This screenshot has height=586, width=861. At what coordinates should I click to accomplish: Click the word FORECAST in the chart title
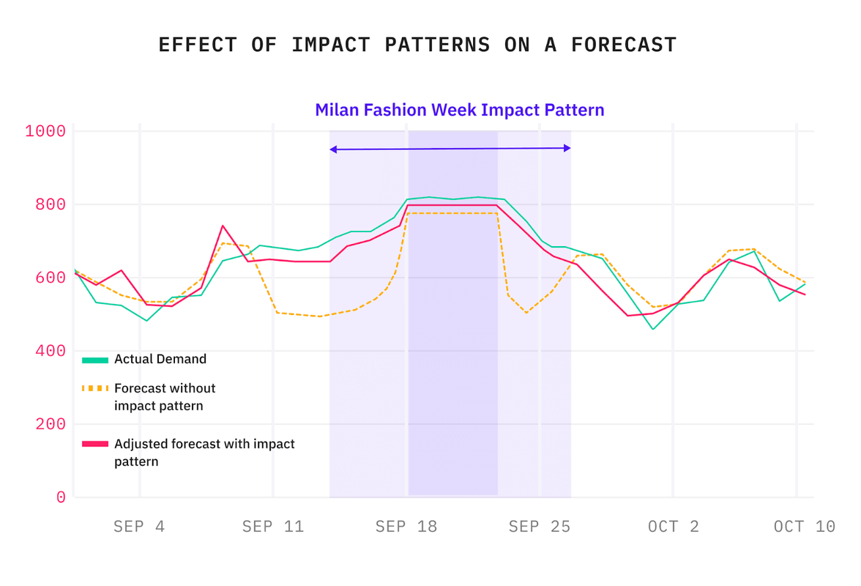(x=625, y=45)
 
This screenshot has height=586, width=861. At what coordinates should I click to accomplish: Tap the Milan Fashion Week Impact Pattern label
(x=459, y=110)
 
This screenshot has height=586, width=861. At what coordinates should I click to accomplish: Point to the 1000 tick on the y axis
(x=45, y=131)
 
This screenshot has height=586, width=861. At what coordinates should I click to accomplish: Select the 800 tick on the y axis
(x=51, y=204)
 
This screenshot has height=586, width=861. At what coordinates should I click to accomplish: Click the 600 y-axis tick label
(x=51, y=278)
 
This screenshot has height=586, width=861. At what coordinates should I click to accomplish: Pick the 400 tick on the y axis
(x=51, y=351)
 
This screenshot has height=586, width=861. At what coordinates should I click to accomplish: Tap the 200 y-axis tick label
(x=51, y=424)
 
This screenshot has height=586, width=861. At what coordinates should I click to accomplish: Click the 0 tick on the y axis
(x=61, y=497)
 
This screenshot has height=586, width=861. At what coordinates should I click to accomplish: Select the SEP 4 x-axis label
(x=139, y=527)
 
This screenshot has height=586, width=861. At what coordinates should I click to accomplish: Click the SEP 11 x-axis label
(x=272, y=527)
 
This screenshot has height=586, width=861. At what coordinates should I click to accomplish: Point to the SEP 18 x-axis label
(x=406, y=527)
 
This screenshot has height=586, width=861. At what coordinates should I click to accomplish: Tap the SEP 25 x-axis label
(x=539, y=527)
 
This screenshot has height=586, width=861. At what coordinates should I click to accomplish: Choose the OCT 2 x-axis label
(x=673, y=527)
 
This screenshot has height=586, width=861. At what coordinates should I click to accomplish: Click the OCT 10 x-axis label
(x=804, y=527)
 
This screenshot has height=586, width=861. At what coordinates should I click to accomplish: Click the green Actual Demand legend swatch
(x=95, y=360)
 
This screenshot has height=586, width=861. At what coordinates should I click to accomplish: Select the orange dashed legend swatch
(x=95, y=388)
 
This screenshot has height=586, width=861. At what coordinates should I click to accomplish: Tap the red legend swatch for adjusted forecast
(x=95, y=445)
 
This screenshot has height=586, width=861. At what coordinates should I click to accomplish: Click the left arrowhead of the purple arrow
(x=333, y=149)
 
